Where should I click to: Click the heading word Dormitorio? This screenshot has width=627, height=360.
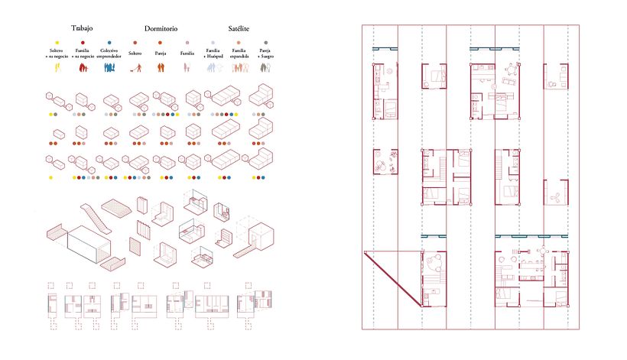(x=161, y=28)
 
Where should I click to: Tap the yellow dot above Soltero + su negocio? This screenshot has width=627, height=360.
(x=56, y=44)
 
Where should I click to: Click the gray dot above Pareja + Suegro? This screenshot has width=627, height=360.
(x=266, y=44)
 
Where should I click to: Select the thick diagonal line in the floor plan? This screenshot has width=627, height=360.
(x=394, y=279)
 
